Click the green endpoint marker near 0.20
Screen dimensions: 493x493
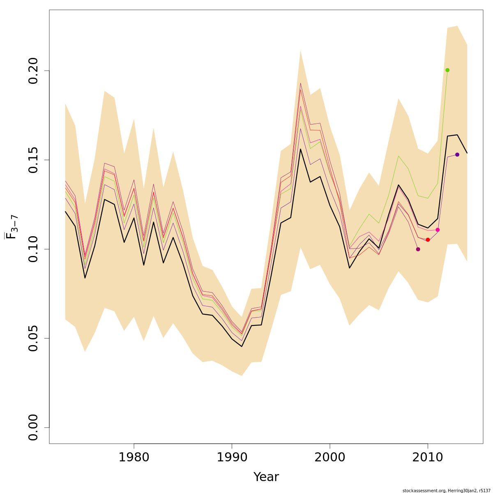click(447, 70)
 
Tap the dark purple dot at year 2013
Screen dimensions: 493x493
click(457, 154)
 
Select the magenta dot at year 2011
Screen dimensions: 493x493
click(438, 230)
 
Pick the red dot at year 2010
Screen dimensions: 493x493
click(428, 240)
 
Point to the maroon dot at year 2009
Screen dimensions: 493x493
click(418, 249)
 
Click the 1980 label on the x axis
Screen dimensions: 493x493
click(134, 457)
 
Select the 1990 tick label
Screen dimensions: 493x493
click(232, 457)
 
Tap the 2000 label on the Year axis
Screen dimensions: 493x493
click(329, 457)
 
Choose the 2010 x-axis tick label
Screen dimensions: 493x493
click(428, 457)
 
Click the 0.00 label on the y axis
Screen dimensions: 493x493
click(33, 427)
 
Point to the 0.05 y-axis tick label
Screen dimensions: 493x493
click(33, 338)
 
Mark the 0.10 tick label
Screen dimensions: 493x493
click(33, 249)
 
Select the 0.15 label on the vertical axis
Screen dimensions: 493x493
click(33, 160)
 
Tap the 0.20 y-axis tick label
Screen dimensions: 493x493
click(33, 71)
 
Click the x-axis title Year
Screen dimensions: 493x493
click(266, 477)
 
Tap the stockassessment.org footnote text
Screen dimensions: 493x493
click(447, 491)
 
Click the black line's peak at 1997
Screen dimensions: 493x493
click(300, 149)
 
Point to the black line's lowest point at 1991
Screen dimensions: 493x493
click(242, 346)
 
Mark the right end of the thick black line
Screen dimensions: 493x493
click(467, 153)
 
